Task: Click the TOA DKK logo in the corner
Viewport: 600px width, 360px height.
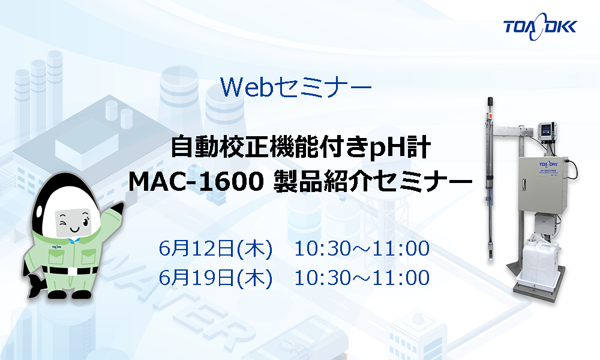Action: (x=539, y=27)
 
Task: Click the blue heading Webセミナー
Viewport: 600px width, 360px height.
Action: (x=296, y=87)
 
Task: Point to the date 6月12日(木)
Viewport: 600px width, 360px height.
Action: (x=215, y=248)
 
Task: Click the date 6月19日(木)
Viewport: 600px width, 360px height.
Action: (x=215, y=278)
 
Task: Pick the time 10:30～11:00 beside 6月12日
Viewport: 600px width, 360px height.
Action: (x=362, y=248)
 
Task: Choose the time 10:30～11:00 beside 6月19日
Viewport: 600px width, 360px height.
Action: (x=362, y=278)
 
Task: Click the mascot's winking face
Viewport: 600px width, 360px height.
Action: (x=73, y=223)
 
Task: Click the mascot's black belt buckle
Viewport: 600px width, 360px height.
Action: (x=73, y=271)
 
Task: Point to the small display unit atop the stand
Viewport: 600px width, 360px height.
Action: (x=546, y=132)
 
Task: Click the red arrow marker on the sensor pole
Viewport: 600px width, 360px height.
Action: (x=490, y=115)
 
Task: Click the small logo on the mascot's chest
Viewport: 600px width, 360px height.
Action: (x=57, y=247)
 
